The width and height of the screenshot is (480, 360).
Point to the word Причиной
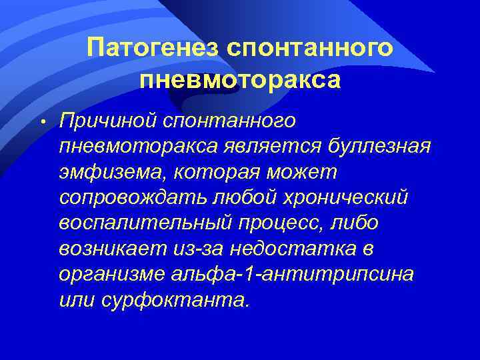click(113, 121)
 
